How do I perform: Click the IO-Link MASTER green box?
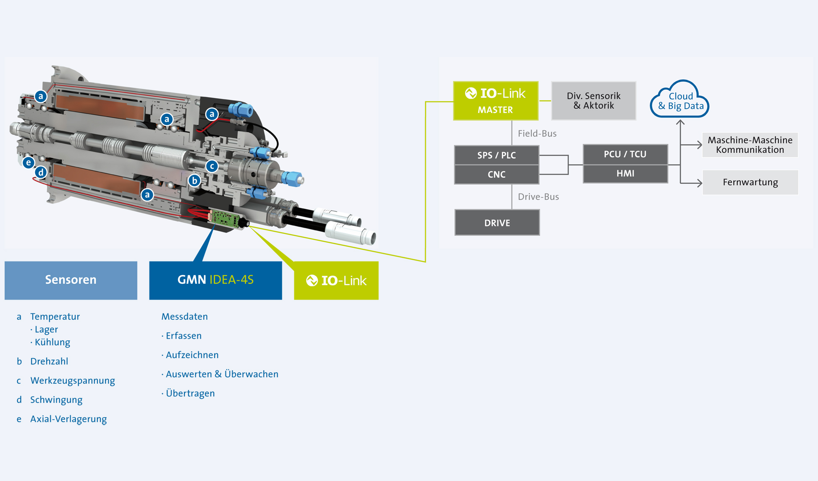pos(496,101)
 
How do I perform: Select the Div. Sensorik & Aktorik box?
pos(593,101)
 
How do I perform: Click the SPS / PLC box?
pos(496,155)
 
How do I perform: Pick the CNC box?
pos(496,175)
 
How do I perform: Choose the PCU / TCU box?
pos(625,154)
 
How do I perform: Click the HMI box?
pos(625,173)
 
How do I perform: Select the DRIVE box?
pos(497,223)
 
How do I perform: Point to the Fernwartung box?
pos(750,182)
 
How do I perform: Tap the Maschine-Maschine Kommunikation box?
pos(750,145)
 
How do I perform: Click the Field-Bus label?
pos(537,133)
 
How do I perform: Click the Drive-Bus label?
pos(538,197)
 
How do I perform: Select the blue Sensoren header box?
pos(71,280)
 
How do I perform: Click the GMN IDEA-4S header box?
pos(215,280)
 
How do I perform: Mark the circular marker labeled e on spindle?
pos(29,162)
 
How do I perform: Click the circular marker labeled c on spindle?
pos(212,166)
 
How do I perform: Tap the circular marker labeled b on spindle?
pos(194,181)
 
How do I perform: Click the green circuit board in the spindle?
pos(225,218)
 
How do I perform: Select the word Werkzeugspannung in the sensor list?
pos(72,381)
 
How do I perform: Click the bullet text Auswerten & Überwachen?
pos(222,374)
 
